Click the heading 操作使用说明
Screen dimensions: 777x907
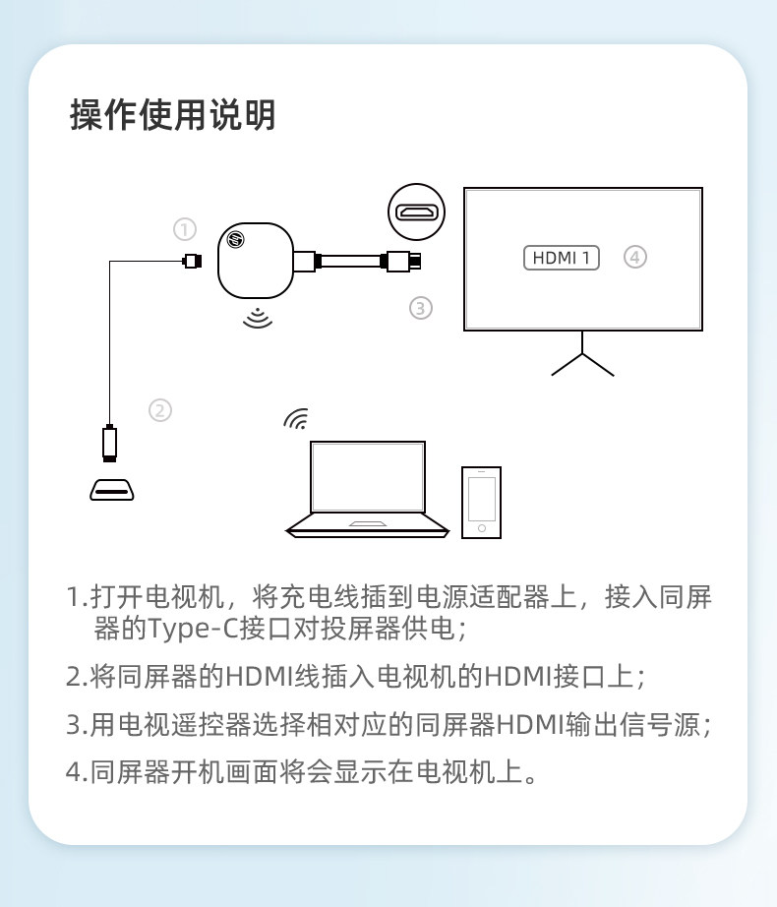(173, 115)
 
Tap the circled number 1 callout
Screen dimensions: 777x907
(184, 229)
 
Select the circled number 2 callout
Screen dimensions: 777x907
(160, 410)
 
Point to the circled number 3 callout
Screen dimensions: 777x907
(420, 308)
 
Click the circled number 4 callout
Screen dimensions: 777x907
(635, 258)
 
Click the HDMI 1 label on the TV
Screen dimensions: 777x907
(561, 258)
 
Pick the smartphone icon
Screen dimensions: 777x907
(481, 502)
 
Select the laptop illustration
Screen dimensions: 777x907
(367, 489)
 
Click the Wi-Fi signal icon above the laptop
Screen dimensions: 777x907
(295, 419)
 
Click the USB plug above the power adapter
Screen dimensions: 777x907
(110, 442)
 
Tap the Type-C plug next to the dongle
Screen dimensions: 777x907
(192, 261)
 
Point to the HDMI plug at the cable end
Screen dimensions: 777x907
(404, 262)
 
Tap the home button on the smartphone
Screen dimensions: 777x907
(481, 529)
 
